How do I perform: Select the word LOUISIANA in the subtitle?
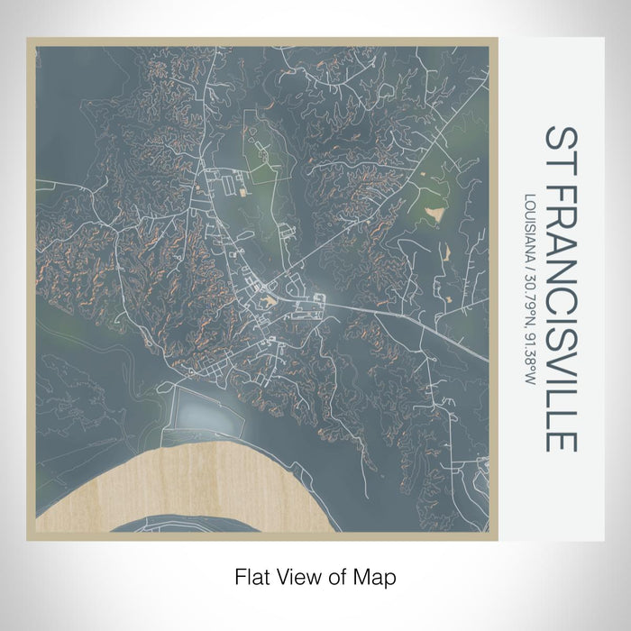[526, 224]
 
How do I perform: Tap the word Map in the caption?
[378, 574]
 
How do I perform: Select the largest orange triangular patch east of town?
[436, 215]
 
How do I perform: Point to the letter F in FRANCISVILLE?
[561, 185]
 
